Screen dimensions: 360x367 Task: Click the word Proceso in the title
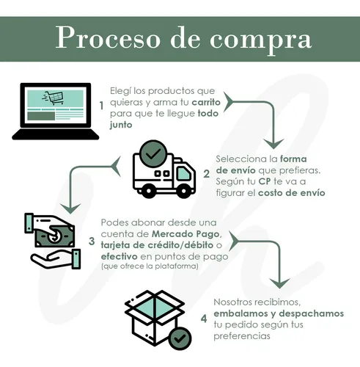click(x=108, y=38)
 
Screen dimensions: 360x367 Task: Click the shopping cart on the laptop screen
click(x=54, y=98)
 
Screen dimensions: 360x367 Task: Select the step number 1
click(x=101, y=106)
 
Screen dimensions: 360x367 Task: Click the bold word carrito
click(x=206, y=102)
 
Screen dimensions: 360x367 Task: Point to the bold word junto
click(x=121, y=125)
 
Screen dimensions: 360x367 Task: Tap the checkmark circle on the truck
click(x=153, y=154)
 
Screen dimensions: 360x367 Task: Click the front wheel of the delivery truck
click(x=184, y=190)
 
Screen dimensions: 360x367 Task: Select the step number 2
click(x=207, y=174)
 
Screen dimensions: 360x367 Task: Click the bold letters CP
click(x=265, y=181)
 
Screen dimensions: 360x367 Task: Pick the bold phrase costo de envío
click(x=292, y=193)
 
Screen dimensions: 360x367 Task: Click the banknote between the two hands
click(x=55, y=236)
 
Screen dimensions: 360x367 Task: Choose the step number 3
click(x=92, y=241)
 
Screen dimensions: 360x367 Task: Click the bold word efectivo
click(x=120, y=257)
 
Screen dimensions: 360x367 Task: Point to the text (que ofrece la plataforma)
click(x=150, y=266)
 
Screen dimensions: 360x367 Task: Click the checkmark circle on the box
click(x=180, y=338)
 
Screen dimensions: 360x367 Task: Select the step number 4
click(x=204, y=319)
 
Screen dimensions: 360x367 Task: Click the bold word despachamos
click(x=312, y=313)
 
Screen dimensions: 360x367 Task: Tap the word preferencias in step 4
click(x=242, y=336)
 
